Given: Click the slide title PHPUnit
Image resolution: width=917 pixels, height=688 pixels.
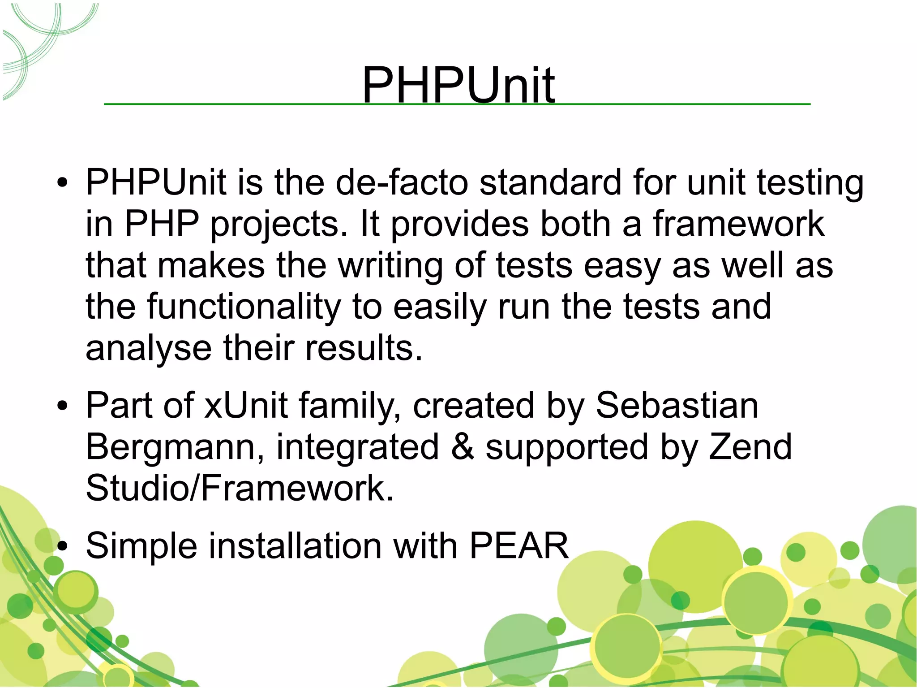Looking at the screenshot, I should pos(458,84).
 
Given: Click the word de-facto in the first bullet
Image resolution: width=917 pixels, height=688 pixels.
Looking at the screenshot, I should pos(401,182).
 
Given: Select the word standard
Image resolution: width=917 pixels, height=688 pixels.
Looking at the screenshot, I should pos(550,182).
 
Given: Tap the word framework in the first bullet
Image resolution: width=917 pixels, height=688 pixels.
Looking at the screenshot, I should pos(738,224).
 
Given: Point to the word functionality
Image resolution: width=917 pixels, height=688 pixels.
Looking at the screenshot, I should pos(244,307).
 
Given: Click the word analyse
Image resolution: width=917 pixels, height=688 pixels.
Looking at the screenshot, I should pos(148,348).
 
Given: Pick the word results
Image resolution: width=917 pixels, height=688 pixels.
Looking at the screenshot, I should pos(363,348).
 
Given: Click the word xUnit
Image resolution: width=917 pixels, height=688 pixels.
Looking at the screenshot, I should pos(245,405).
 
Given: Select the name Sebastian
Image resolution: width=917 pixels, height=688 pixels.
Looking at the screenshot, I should pos(677,405).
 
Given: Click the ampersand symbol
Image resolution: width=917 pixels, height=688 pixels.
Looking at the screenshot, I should pos(462,447).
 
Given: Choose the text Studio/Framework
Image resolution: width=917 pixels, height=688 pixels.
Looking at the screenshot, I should pos(240,488).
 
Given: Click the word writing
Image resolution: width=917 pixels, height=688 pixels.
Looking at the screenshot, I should pos(390,266).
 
